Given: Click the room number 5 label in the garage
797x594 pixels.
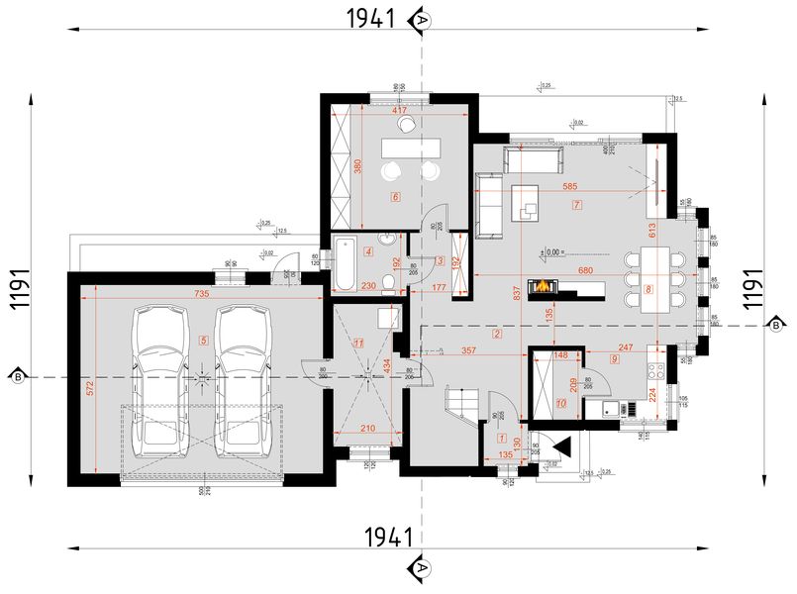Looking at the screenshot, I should point(204,340).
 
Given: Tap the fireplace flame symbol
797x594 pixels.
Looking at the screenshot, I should point(545,287).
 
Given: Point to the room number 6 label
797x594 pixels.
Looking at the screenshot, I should point(396,197).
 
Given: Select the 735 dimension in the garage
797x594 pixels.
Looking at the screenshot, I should point(201,295).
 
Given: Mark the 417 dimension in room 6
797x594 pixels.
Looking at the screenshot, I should point(400,111).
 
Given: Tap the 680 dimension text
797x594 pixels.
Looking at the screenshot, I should point(586,271).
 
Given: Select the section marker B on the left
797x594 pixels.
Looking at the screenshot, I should point(18,376).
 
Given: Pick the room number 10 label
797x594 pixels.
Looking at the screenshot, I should point(560,403).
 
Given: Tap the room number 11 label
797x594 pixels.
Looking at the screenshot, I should point(359,343).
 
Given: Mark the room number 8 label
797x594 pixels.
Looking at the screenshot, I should point(648,290).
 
